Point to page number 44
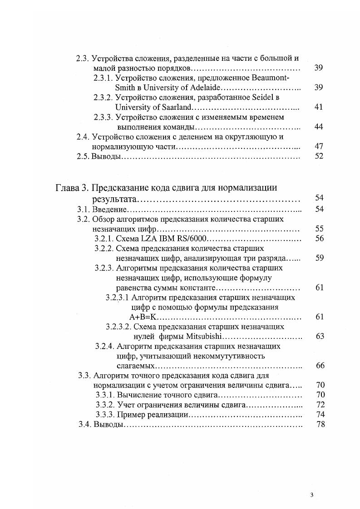(x=318, y=127)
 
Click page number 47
(x=318, y=147)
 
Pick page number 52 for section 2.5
(x=318, y=157)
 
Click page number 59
(x=319, y=258)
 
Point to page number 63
(x=319, y=336)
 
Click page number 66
(x=319, y=366)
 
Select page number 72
(x=319, y=405)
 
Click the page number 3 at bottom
(x=312, y=495)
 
